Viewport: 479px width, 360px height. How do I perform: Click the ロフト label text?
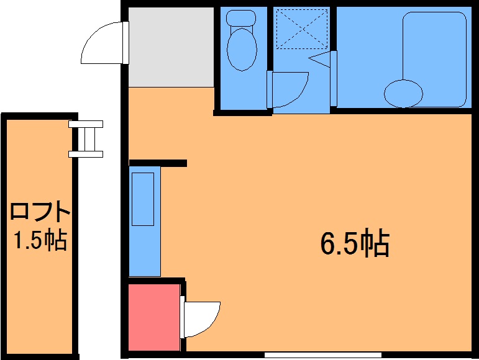click(40, 211)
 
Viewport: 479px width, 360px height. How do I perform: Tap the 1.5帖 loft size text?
click(40, 240)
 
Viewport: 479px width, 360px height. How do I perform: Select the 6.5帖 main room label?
click(355, 245)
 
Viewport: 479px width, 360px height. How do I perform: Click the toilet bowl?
click(242, 50)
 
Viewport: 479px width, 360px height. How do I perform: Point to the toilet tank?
click(240, 18)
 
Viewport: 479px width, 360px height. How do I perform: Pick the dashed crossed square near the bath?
click(302, 29)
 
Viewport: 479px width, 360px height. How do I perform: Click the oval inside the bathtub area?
click(403, 94)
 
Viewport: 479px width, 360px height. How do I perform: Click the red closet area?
click(153, 317)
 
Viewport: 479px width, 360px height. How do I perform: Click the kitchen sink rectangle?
click(143, 199)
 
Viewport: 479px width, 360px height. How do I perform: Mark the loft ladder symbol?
click(86, 139)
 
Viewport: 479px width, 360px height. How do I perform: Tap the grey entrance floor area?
click(171, 47)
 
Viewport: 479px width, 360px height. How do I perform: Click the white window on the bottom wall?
click(323, 355)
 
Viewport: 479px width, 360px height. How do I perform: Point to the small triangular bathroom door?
click(321, 59)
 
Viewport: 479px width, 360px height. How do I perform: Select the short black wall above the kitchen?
click(158, 163)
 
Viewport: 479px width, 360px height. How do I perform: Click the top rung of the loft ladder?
click(86, 124)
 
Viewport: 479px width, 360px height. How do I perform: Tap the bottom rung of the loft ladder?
click(86, 154)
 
